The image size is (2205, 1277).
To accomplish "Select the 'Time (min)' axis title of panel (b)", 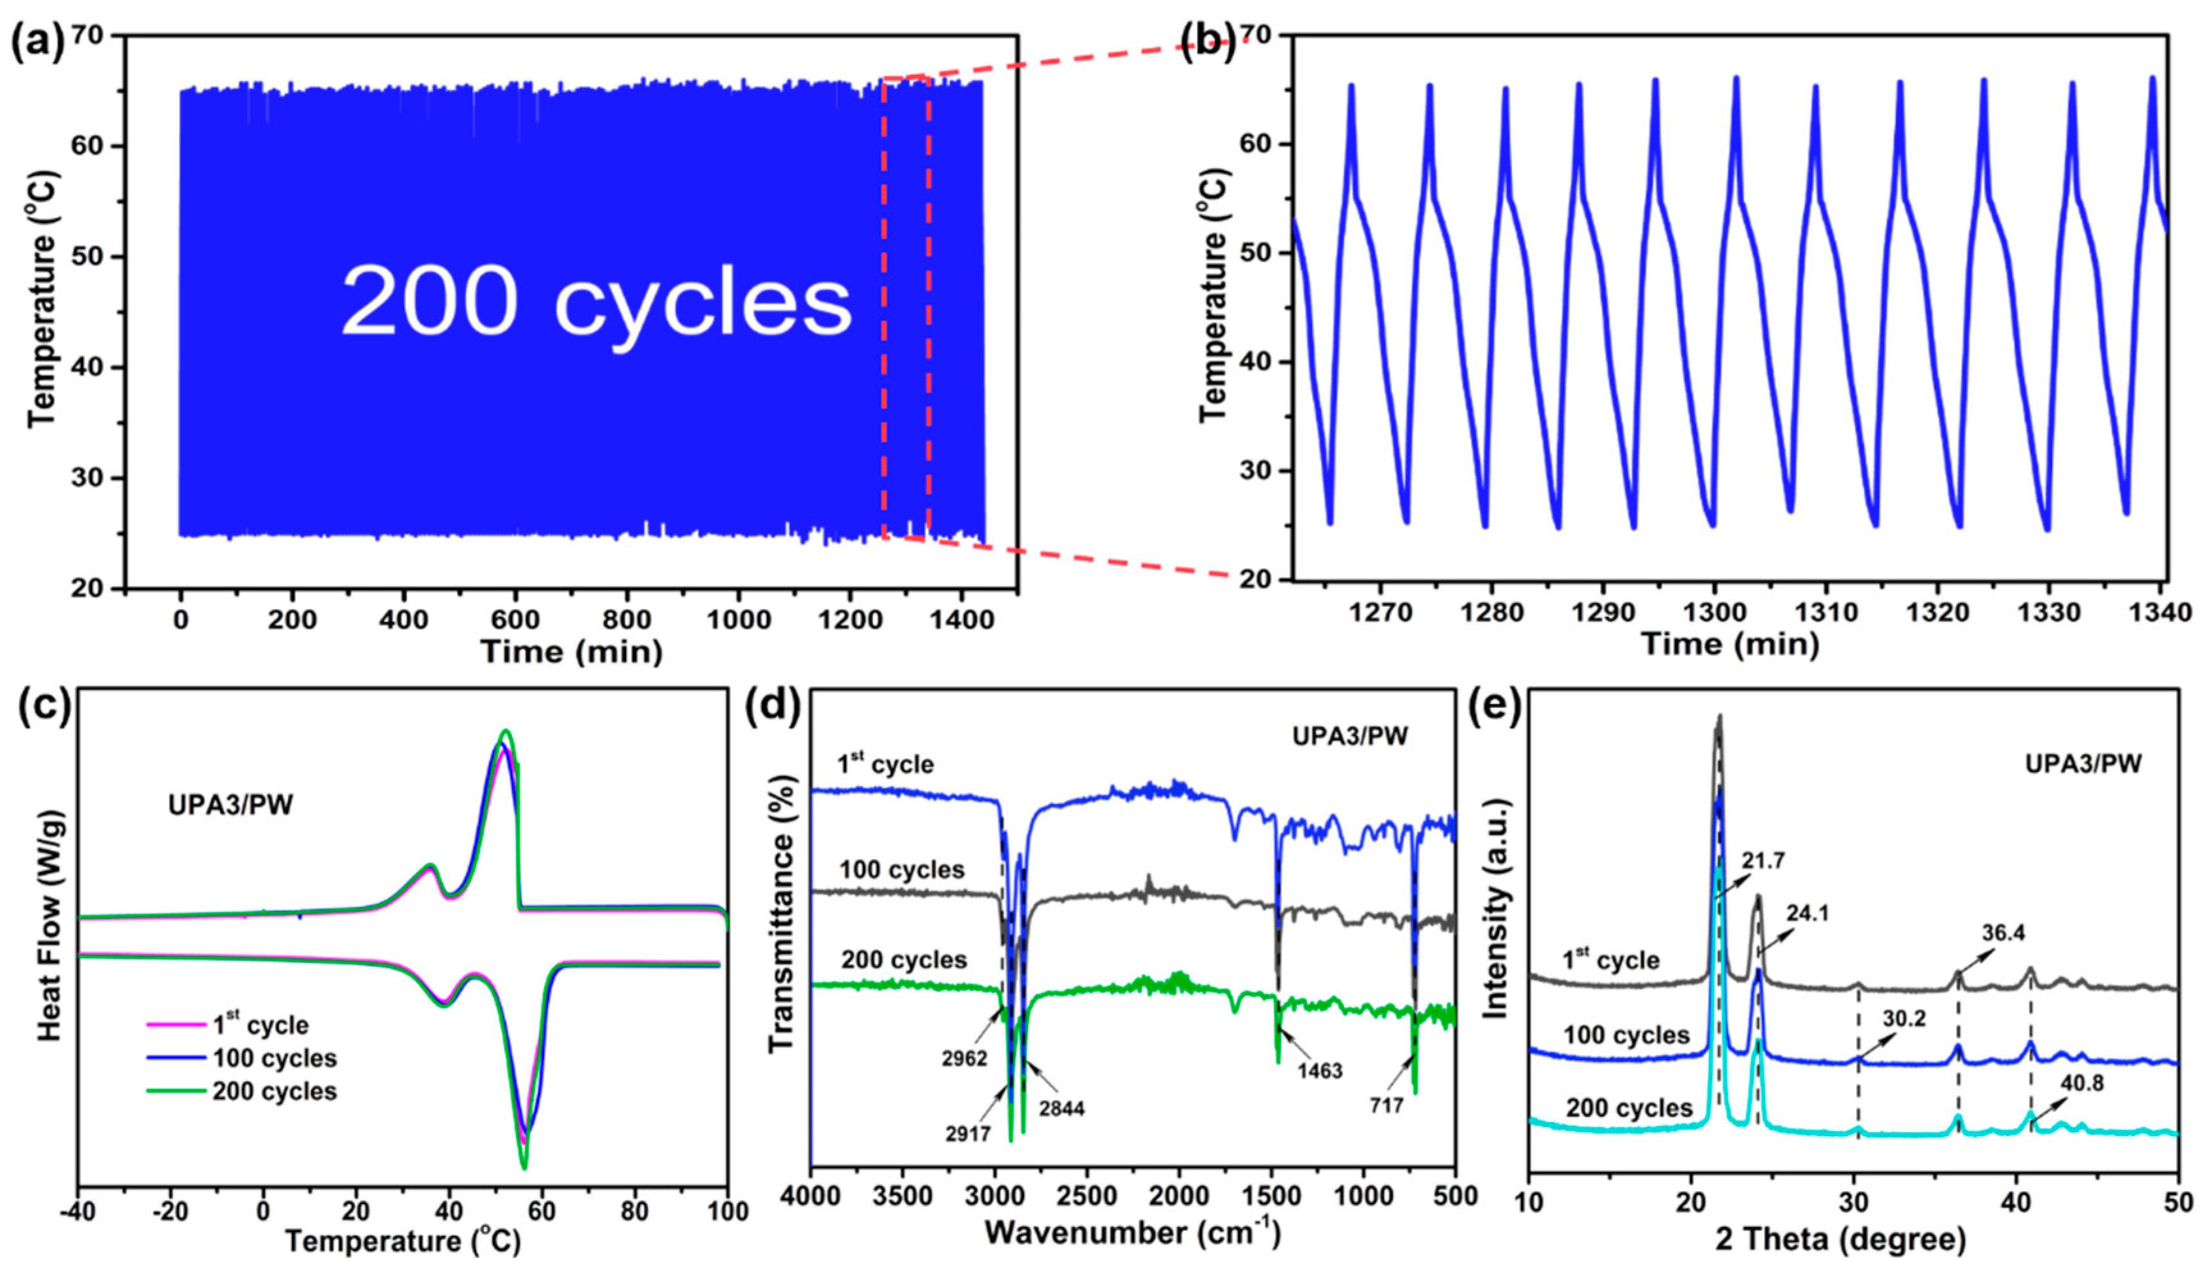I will [1730, 644].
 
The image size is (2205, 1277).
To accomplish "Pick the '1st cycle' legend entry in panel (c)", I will [261, 1025].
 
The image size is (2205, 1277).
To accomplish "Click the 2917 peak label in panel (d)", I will [968, 1135].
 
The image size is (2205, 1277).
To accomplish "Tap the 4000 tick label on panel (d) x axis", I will [812, 1196].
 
